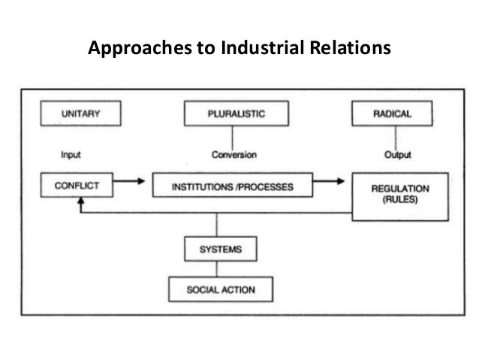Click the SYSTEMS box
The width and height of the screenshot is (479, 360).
pos(217,247)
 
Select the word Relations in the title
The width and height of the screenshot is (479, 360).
pos(350,49)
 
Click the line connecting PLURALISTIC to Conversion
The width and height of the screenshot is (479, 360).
pos(232,138)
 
